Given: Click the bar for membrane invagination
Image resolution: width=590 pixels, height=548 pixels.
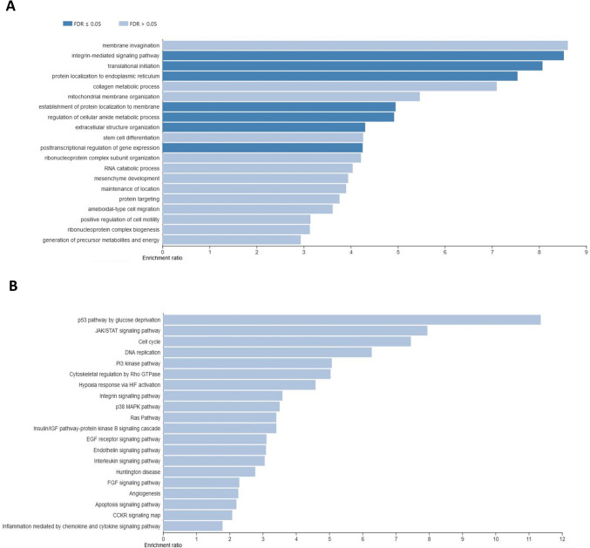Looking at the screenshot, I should click(365, 45).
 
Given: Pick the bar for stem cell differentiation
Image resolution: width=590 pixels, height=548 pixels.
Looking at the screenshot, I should click(263, 137).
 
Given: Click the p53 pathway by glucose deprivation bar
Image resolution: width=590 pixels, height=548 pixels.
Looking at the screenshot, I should click(352, 320).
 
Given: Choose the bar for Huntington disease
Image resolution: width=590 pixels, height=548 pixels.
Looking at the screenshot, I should click(209, 471).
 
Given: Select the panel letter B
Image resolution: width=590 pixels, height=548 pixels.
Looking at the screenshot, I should click(9, 285).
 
